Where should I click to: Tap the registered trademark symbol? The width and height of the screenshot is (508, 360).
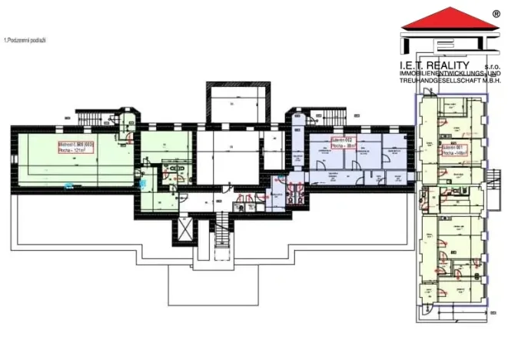[496, 13]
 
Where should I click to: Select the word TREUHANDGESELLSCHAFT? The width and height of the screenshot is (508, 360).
[436, 79]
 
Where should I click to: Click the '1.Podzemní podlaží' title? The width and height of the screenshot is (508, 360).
[25, 39]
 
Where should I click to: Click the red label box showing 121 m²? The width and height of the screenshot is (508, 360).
[75, 147]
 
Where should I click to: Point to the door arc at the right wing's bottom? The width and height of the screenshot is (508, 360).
[427, 312]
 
